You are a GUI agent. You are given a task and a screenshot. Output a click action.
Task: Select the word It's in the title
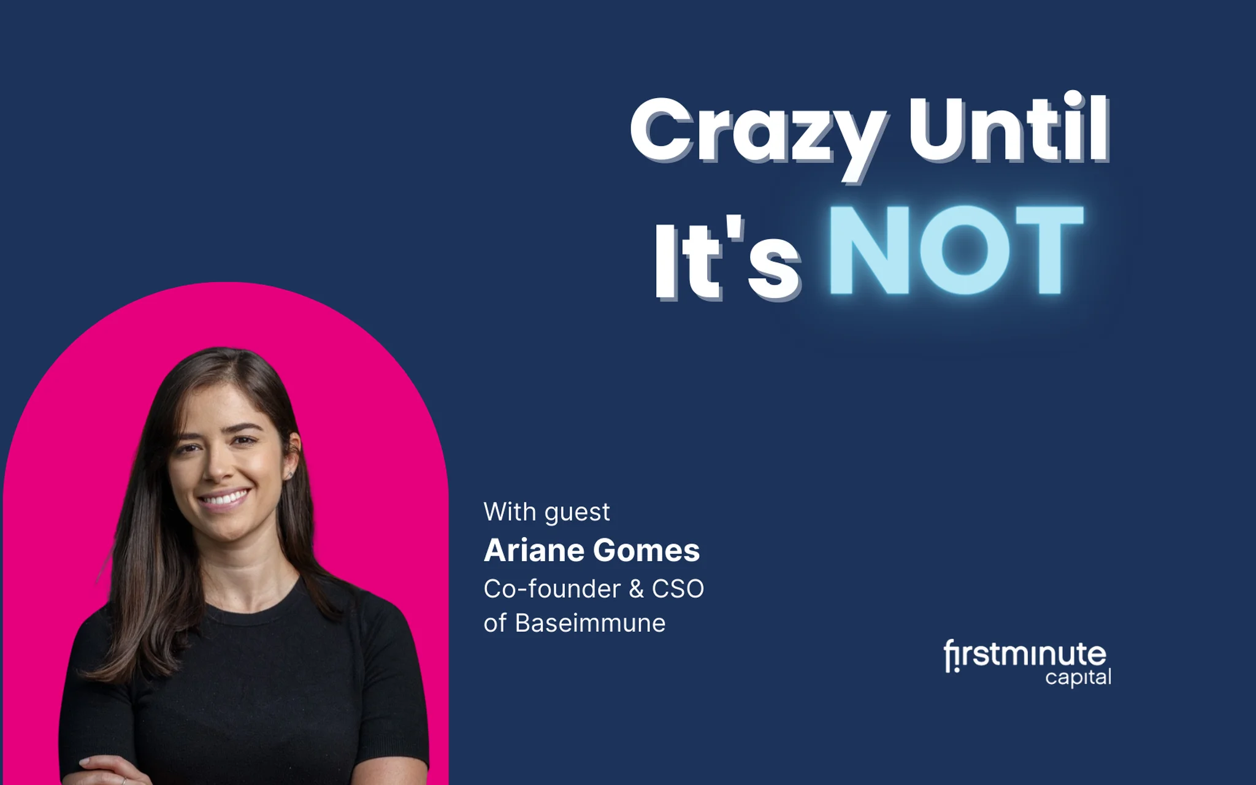(x=727, y=258)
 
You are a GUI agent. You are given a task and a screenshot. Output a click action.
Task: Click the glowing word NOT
(x=955, y=250)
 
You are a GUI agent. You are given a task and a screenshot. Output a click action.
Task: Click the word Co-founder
(x=552, y=589)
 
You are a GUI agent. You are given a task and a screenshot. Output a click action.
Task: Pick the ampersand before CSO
(x=636, y=589)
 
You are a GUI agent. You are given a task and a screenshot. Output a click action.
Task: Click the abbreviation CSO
(x=678, y=589)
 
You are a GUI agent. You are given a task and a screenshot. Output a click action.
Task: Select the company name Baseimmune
(x=590, y=623)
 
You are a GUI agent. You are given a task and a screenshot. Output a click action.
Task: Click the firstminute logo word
(x=1025, y=656)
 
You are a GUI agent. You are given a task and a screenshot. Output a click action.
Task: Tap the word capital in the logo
(x=1078, y=678)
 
